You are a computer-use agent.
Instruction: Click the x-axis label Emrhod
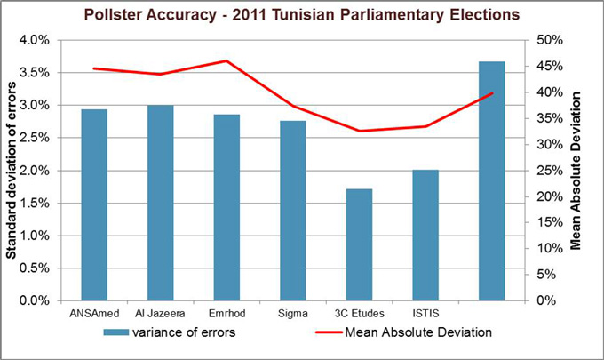click(x=226, y=312)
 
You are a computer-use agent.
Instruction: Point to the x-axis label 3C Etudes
click(x=360, y=312)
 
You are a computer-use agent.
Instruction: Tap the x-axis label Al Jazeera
click(x=161, y=312)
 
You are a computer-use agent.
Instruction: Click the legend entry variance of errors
click(x=183, y=333)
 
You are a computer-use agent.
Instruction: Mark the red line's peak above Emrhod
click(x=226, y=60)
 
